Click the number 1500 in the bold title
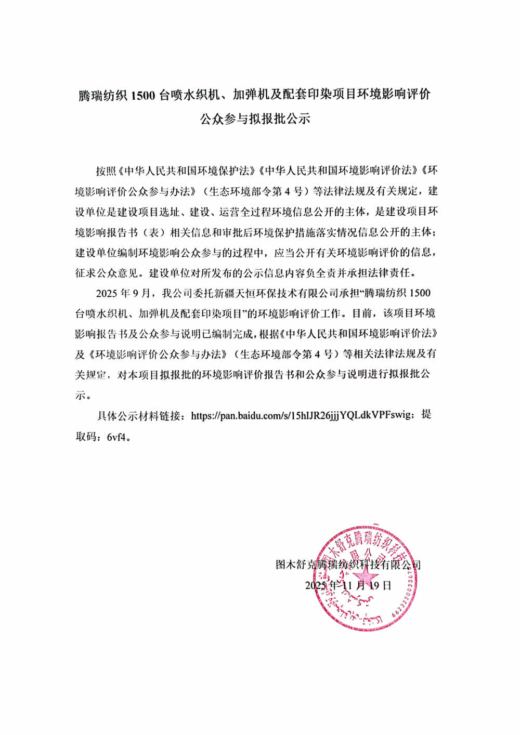[x=143, y=96]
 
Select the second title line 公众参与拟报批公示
[x=255, y=119]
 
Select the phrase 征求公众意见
[x=108, y=272]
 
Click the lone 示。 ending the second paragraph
[x=83, y=395]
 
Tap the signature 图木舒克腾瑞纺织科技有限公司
[x=348, y=565]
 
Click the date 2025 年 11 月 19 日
[x=348, y=585]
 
